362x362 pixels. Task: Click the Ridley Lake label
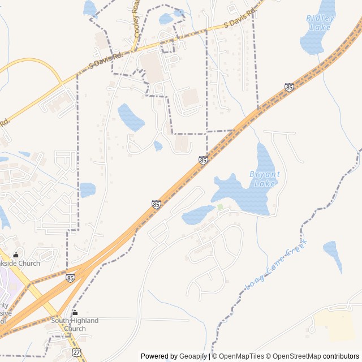(320, 22)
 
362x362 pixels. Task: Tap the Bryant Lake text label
(264, 179)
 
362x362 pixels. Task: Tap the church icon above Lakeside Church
(16, 255)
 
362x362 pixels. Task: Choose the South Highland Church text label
(75, 325)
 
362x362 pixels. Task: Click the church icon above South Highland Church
(75, 313)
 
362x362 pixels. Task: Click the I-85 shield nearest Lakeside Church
(70, 278)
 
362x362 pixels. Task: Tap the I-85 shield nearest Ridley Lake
(289, 87)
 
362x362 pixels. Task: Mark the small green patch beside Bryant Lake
(219, 207)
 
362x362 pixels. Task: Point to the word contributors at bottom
(342, 356)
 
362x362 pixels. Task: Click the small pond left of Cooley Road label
(90, 8)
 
